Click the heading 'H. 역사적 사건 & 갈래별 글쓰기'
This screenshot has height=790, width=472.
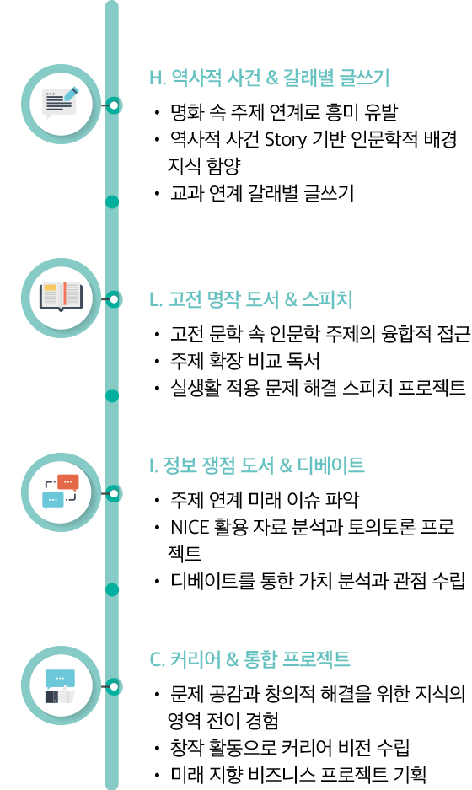coord(270,78)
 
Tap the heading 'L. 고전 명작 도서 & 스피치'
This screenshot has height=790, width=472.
coord(250,298)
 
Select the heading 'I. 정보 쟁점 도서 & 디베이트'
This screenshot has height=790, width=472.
coord(256,465)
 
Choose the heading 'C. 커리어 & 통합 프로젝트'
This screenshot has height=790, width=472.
coord(249,658)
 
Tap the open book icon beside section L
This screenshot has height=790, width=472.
coord(61,297)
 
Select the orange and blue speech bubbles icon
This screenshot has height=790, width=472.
coord(61,492)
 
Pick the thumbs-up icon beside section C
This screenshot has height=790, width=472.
coord(60,685)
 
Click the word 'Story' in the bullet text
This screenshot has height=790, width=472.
coord(285,139)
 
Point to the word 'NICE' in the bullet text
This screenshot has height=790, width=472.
coord(190,527)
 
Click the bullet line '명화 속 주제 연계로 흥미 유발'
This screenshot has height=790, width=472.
coord(284,111)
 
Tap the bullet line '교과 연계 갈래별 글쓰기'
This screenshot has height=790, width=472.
coord(262,193)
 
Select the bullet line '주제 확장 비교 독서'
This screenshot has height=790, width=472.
coord(244,360)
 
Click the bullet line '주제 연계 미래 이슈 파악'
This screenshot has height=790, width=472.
coord(265,499)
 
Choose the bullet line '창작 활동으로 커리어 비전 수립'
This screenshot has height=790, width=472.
coord(290,747)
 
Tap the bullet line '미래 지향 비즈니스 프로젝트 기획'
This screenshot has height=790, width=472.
coord(298,774)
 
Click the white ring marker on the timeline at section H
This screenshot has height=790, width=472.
coord(114,105)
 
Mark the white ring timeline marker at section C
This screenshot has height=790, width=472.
coord(114,686)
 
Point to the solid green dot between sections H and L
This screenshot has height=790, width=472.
coord(112,202)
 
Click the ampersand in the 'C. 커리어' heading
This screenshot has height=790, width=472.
coord(233,659)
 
